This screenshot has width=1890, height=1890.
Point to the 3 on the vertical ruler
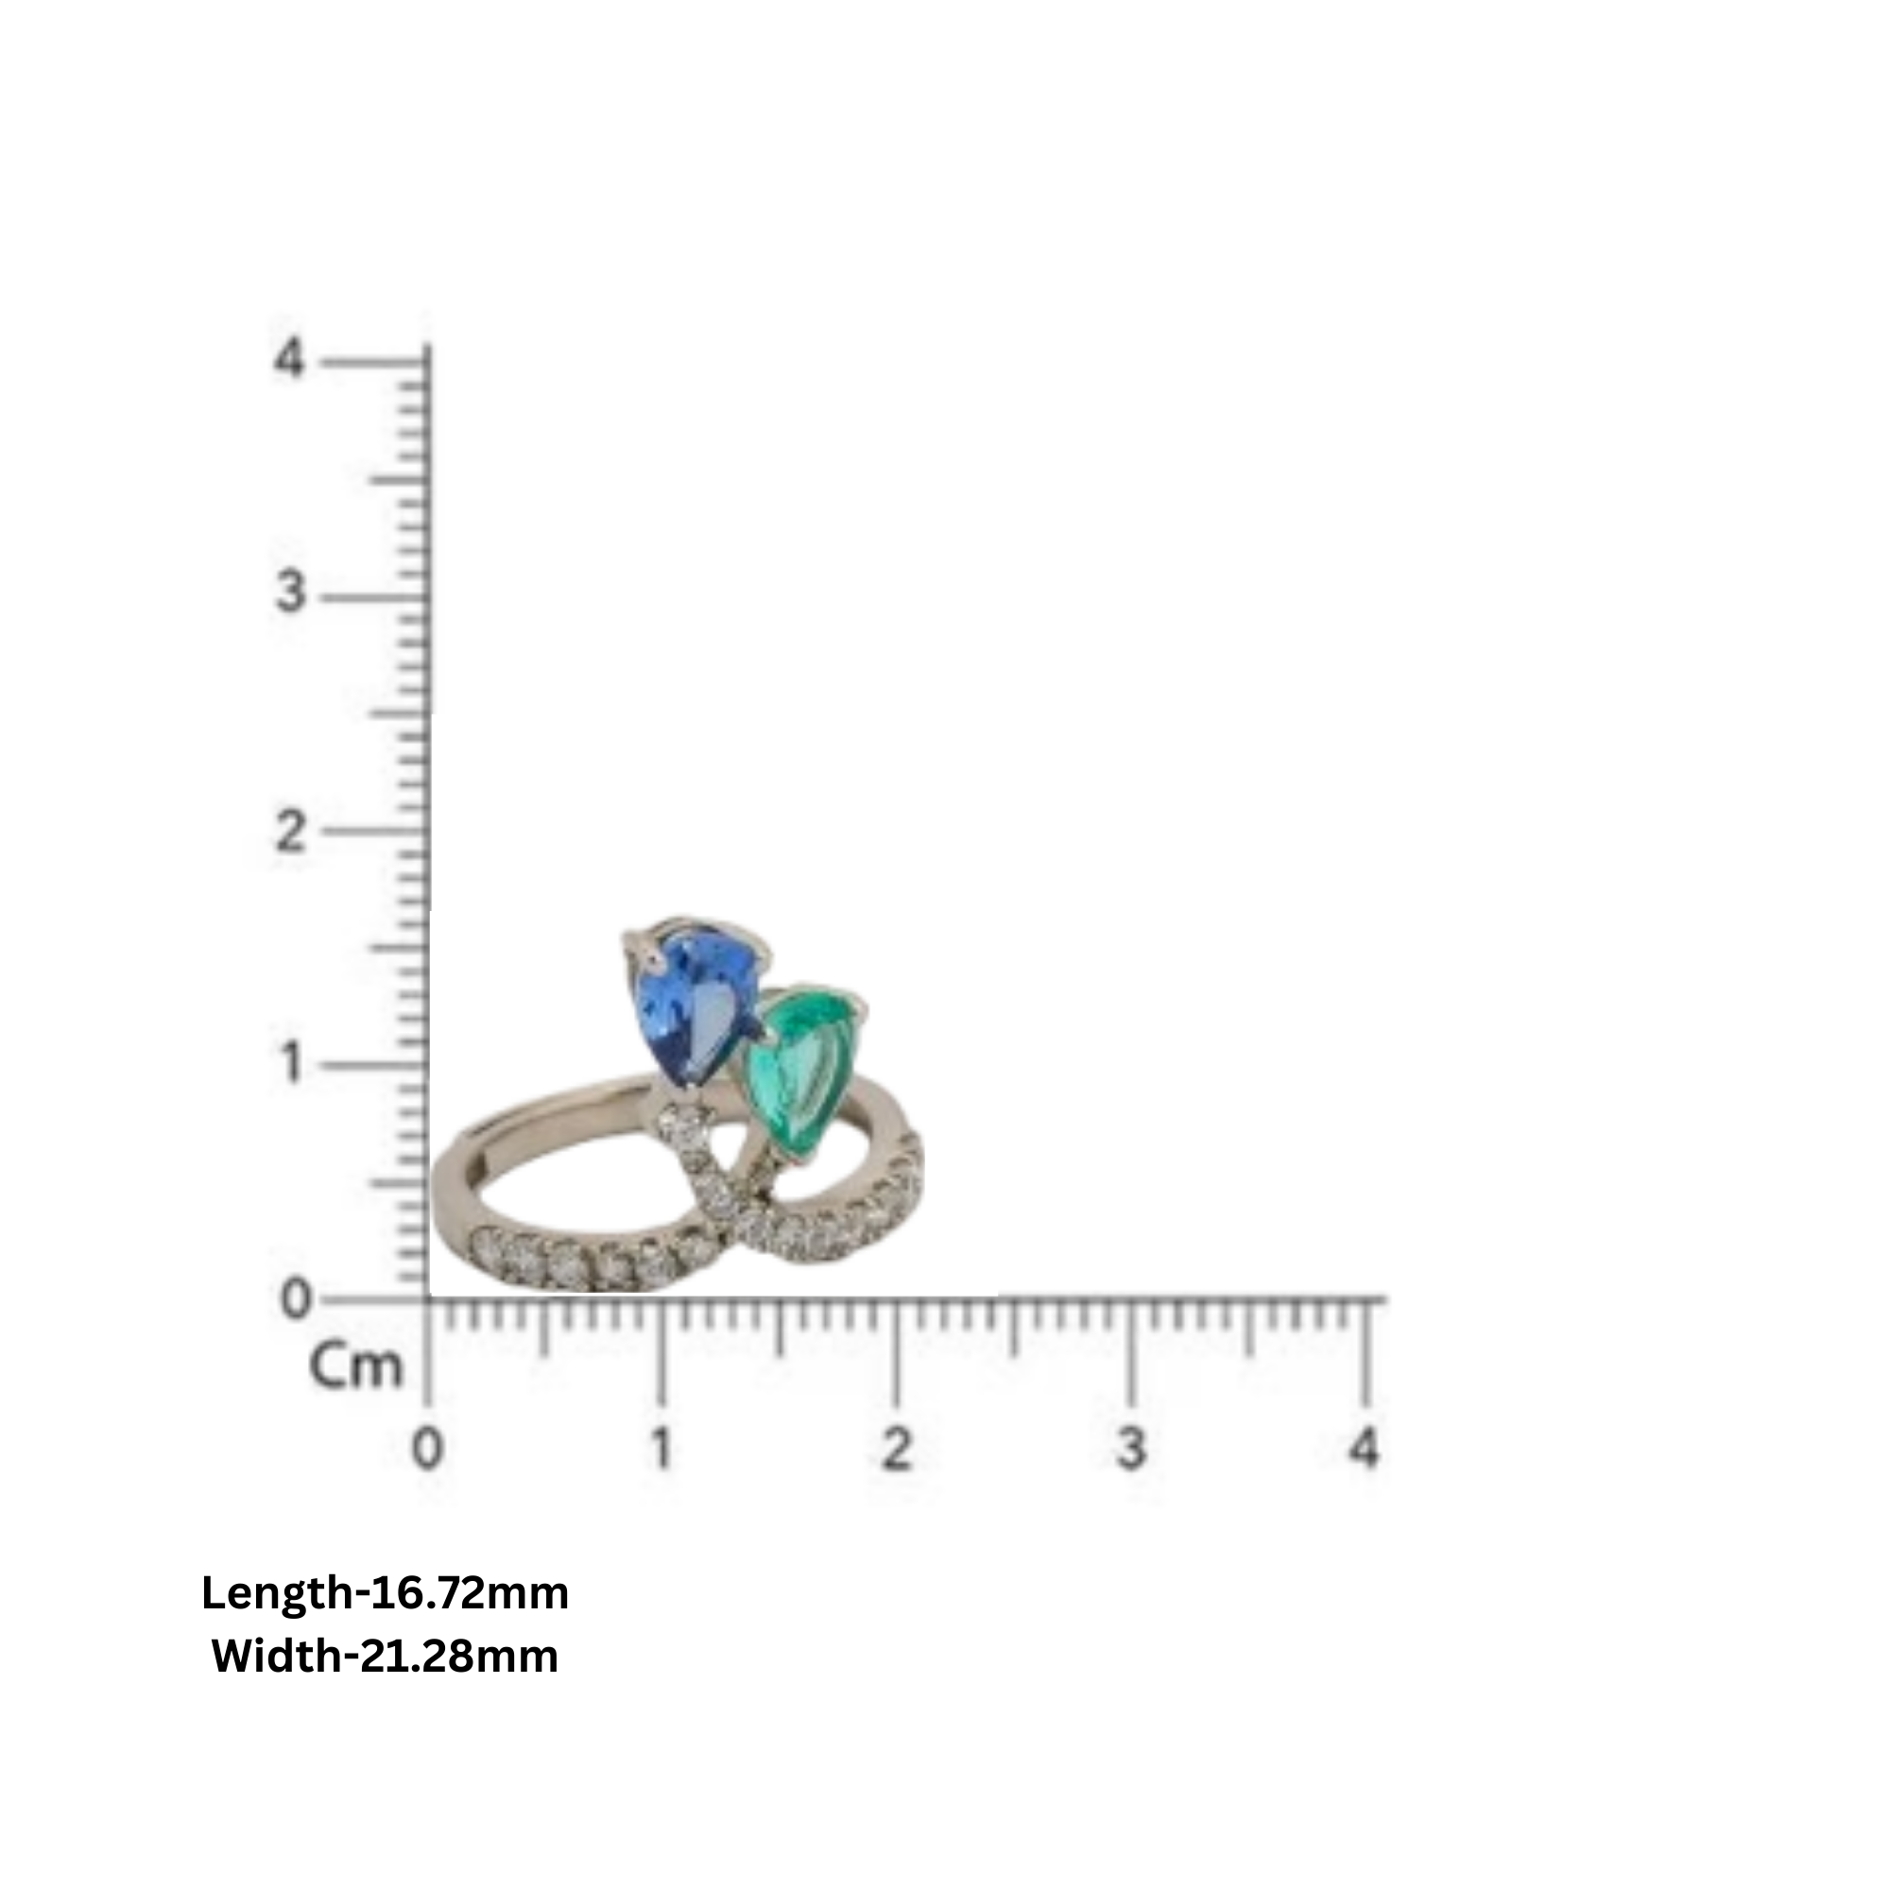tap(289, 593)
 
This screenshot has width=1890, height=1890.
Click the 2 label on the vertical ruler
tap(289, 833)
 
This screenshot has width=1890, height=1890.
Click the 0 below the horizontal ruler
tap(426, 1448)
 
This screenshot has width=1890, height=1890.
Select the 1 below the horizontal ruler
tap(662, 1448)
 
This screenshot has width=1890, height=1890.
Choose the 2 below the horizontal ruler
tap(896, 1448)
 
